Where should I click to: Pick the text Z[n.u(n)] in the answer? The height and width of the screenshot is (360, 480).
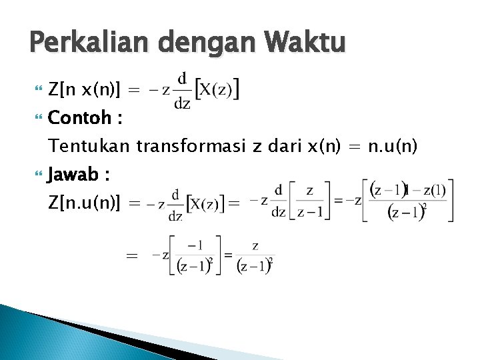[85, 203]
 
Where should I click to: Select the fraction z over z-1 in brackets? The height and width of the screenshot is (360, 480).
[310, 200]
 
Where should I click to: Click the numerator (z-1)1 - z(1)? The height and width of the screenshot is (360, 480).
[407, 190]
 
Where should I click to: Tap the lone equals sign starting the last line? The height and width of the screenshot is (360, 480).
[132, 256]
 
